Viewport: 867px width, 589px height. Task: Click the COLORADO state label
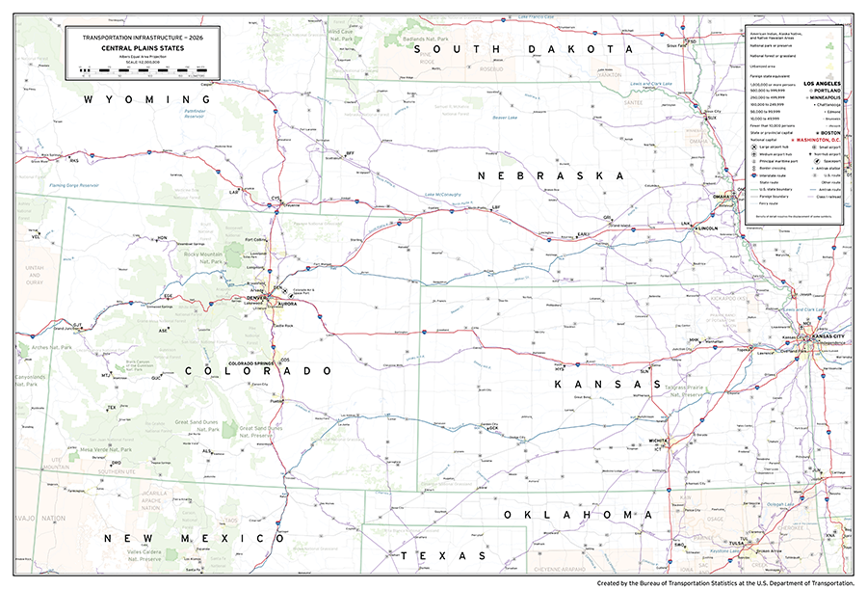[x=258, y=371]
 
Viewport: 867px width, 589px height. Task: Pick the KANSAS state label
[x=598, y=384]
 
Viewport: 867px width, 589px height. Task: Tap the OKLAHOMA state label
[x=570, y=515]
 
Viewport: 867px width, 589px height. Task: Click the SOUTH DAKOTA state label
[x=519, y=48]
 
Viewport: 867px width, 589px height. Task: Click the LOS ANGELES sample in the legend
[x=824, y=83]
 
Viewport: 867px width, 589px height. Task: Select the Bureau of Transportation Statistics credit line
[x=725, y=582]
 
